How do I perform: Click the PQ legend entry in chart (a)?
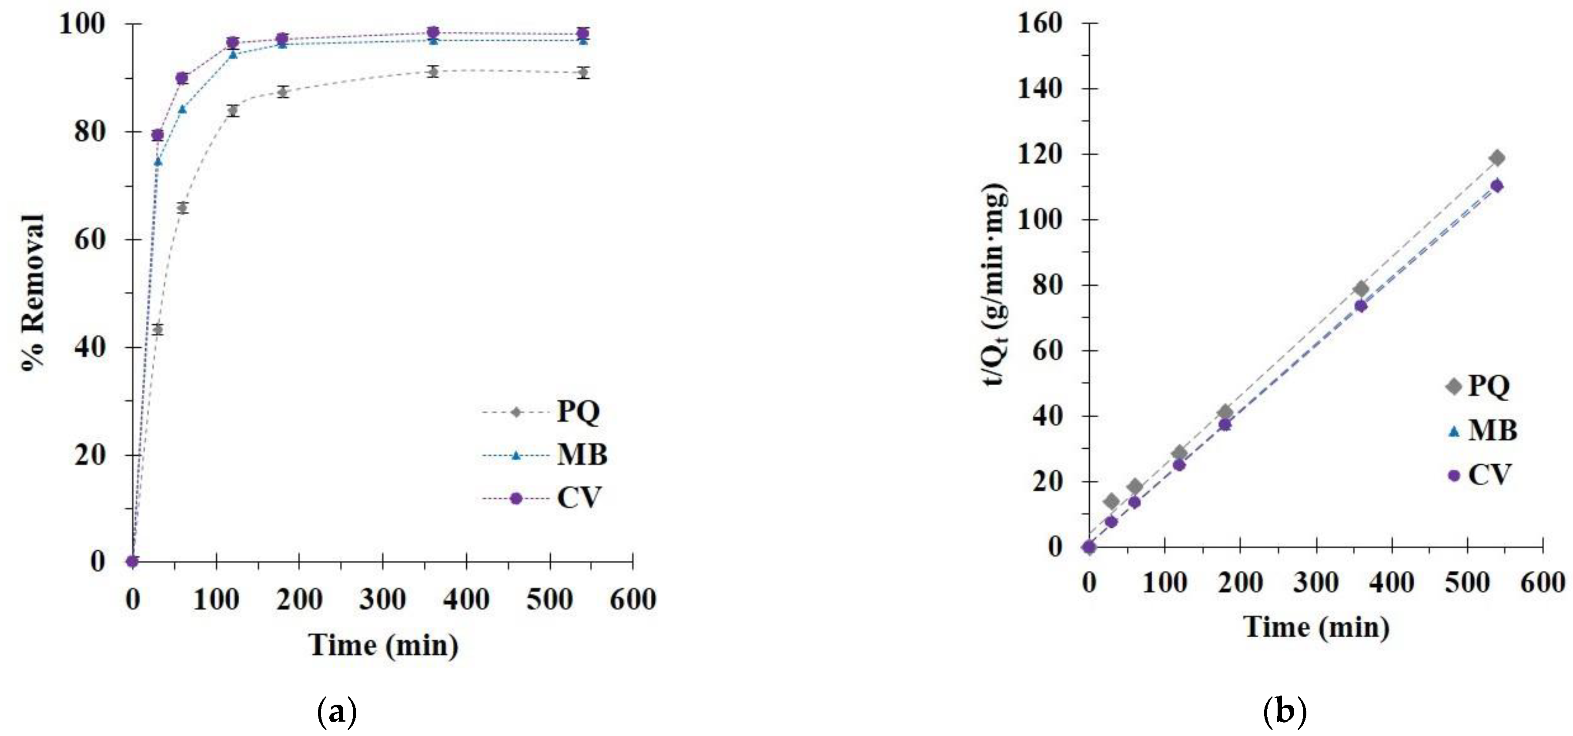[577, 412]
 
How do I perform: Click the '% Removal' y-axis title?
[33, 293]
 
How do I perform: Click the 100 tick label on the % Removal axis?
[82, 24]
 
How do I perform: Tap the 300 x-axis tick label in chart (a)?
[382, 599]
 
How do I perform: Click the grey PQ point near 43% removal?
[157, 330]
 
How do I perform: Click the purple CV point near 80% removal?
[157, 135]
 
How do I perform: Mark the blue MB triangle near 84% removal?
[182, 109]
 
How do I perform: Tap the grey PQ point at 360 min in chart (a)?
[433, 72]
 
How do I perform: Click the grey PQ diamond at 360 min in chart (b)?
[1361, 289]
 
